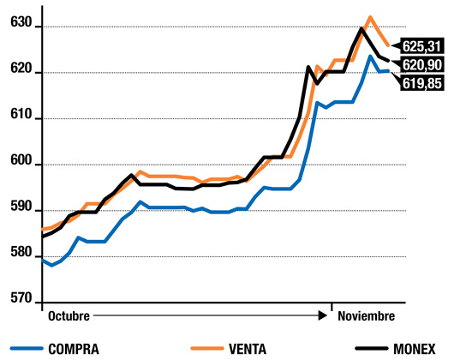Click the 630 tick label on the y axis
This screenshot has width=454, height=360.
(20, 27)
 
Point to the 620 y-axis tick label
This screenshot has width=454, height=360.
(20, 72)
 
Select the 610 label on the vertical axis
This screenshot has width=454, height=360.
(20, 117)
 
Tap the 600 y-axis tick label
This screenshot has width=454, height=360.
(20, 164)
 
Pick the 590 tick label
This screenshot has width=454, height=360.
(20, 209)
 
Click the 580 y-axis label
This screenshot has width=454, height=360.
(20, 255)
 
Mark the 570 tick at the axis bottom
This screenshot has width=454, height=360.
(20, 300)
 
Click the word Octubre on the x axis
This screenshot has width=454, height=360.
(69, 315)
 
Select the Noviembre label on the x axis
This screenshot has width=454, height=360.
(366, 315)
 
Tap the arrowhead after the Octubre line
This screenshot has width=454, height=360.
(323, 315)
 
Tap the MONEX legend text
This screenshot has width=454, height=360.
(419, 348)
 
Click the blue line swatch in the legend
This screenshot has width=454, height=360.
(33, 348)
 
